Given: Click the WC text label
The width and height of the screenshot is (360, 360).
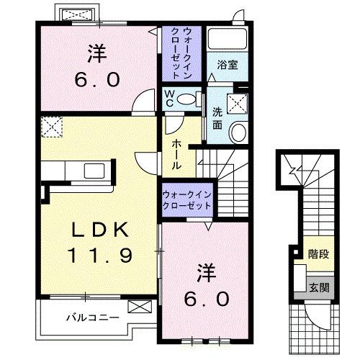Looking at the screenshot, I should (168, 99).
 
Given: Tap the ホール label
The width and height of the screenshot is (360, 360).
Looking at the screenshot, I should (176, 154).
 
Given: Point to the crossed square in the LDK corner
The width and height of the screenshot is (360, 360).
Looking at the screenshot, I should (52, 127).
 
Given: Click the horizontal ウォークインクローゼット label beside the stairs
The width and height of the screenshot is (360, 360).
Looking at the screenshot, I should (186, 199).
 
